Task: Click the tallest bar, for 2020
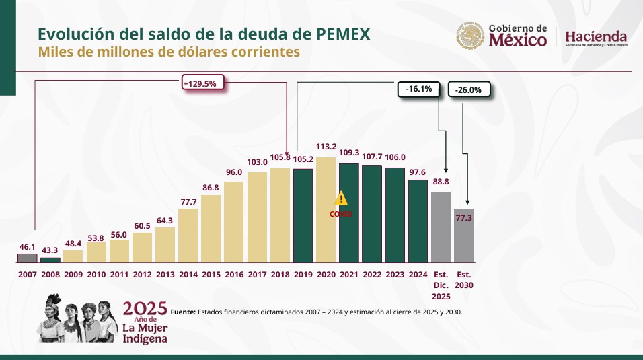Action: [326, 210]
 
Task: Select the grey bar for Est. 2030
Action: [464, 236]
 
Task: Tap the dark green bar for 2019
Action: [303, 215]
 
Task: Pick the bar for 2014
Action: [188, 236]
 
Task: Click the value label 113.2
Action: [326, 147]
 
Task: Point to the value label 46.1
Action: [27, 248]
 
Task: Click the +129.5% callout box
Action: [202, 83]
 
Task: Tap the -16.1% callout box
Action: [418, 89]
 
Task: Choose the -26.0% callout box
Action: [468, 90]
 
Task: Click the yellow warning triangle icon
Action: [341, 198]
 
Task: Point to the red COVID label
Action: [341, 213]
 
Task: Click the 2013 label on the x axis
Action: [165, 275]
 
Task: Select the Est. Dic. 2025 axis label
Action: [441, 285]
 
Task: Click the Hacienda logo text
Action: [596, 36]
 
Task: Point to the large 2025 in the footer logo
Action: [145, 309]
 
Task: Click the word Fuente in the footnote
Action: [182, 312]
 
